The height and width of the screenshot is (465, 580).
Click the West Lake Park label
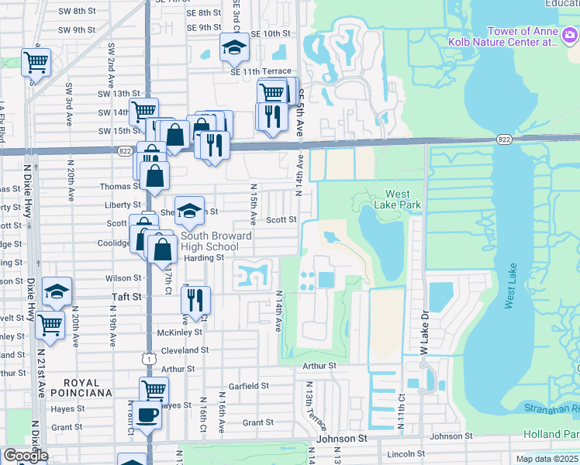pos(403,200)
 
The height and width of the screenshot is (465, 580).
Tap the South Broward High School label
pos(216,241)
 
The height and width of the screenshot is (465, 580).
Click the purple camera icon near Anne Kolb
pos(568,35)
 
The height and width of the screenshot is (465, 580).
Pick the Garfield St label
pos(249,385)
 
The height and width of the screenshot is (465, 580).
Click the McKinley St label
pos(179,332)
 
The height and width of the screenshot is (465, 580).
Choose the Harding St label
pos(203,258)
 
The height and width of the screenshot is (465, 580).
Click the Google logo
pos(26,456)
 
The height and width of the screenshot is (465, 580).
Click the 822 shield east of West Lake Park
pos(505,139)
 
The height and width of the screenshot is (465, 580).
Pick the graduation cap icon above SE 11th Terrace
pos(233,48)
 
